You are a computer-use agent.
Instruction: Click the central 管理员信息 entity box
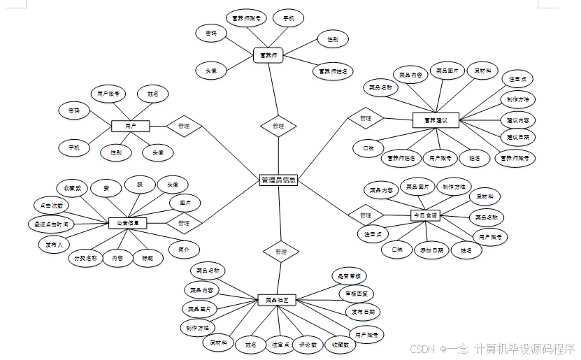pyautogui.click(x=278, y=180)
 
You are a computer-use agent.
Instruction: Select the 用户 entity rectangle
pyautogui.click(x=131, y=126)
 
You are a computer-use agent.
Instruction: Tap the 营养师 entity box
pyautogui.click(x=267, y=55)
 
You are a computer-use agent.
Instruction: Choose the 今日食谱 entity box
pyautogui.click(x=424, y=216)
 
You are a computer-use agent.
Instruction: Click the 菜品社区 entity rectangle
pyautogui.click(x=277, y=300)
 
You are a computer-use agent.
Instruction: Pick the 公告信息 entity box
pyautogui.click(x=128, y=223)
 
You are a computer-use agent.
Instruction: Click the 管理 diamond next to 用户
pyautogui.click(x=184, y=126)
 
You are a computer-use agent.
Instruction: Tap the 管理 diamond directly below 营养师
pyautogui.click(x=278, y=126)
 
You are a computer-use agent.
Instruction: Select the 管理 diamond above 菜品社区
pyautogui.click(x=281, y=251)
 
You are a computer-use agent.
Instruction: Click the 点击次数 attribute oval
pyautogui.click(x=52, y=206)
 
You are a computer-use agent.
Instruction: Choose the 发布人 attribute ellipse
pyautogui.click(x=55, y=244)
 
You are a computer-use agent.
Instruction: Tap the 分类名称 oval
pyautogui.click(x=85, y=258)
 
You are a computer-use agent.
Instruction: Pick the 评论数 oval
pyautogui.click(x=309, y=344)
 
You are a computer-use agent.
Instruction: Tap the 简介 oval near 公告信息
pyautogui.click(x=185, y=248)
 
